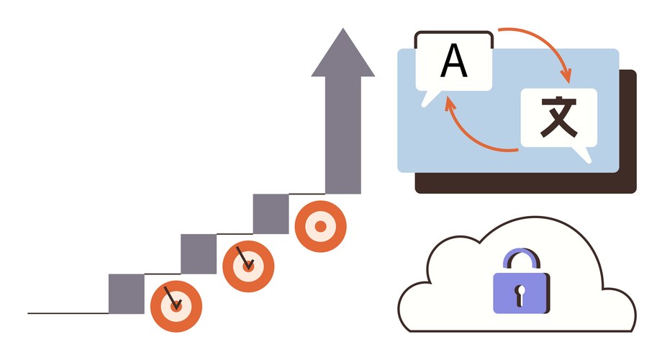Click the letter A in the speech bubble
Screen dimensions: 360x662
tap(454, 61)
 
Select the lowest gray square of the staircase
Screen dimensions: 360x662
tap(126, 294)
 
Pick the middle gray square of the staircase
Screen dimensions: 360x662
tap(199, 253)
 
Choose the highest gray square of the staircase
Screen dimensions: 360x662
tap(271, 214)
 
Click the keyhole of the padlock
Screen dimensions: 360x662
tap(520, 292)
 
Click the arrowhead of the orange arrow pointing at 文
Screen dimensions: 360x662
tap(568, 76)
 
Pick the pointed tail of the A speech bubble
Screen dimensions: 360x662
tap(430, 100)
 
